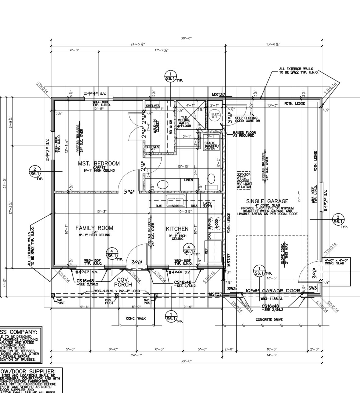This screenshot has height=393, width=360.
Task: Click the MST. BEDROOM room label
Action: [99, 164]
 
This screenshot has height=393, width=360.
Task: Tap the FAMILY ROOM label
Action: [94, 228]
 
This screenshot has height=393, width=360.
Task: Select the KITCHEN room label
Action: [177, 229]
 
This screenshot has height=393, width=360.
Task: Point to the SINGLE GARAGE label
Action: [267, 201]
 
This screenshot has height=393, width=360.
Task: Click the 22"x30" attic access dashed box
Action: [243, 180]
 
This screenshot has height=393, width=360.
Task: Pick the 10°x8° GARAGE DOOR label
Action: [273, 291]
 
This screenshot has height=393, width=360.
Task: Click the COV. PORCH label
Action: [123, 282]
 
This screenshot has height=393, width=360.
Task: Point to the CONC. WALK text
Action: [136, 318]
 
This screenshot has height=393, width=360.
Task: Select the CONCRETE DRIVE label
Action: [269, 320]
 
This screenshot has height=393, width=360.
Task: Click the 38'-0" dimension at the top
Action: [186, 38]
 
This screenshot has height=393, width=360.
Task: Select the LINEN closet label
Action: [188, 180]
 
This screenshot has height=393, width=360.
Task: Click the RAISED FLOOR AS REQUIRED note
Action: [244, 134]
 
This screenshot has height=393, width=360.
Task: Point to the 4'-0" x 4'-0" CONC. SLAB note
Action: [336, 261]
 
